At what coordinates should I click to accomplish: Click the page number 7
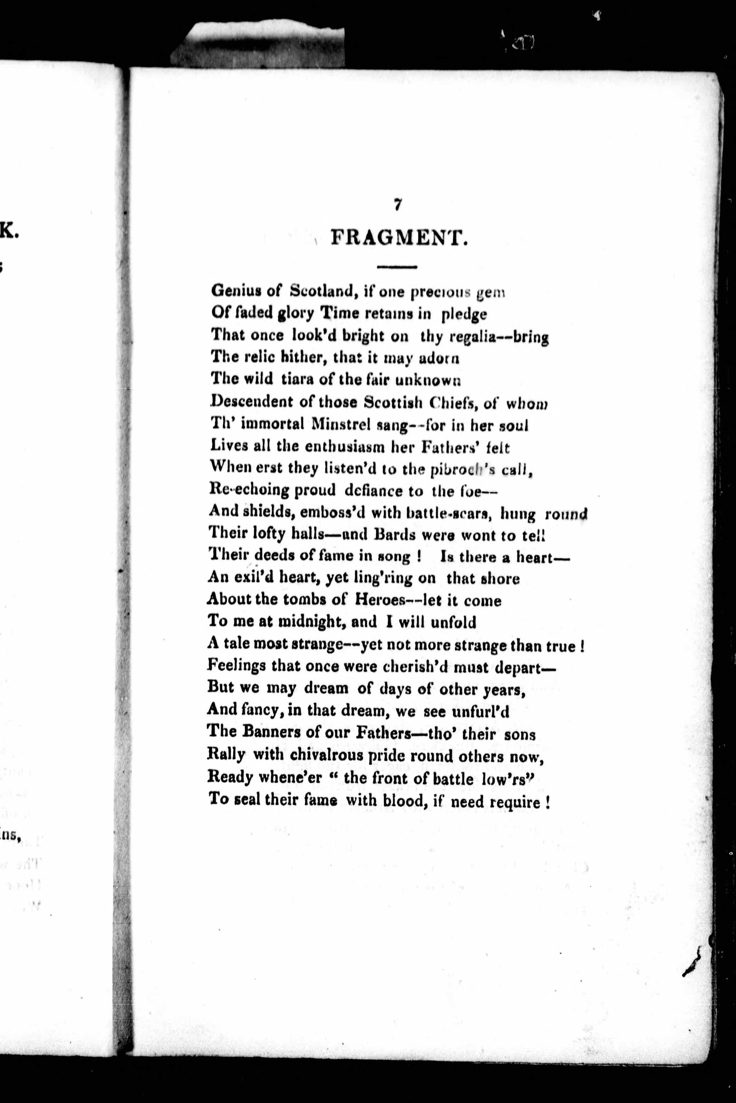pos(397,205)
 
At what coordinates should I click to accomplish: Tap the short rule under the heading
pos(397,267)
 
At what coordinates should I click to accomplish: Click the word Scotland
pos(324,291)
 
